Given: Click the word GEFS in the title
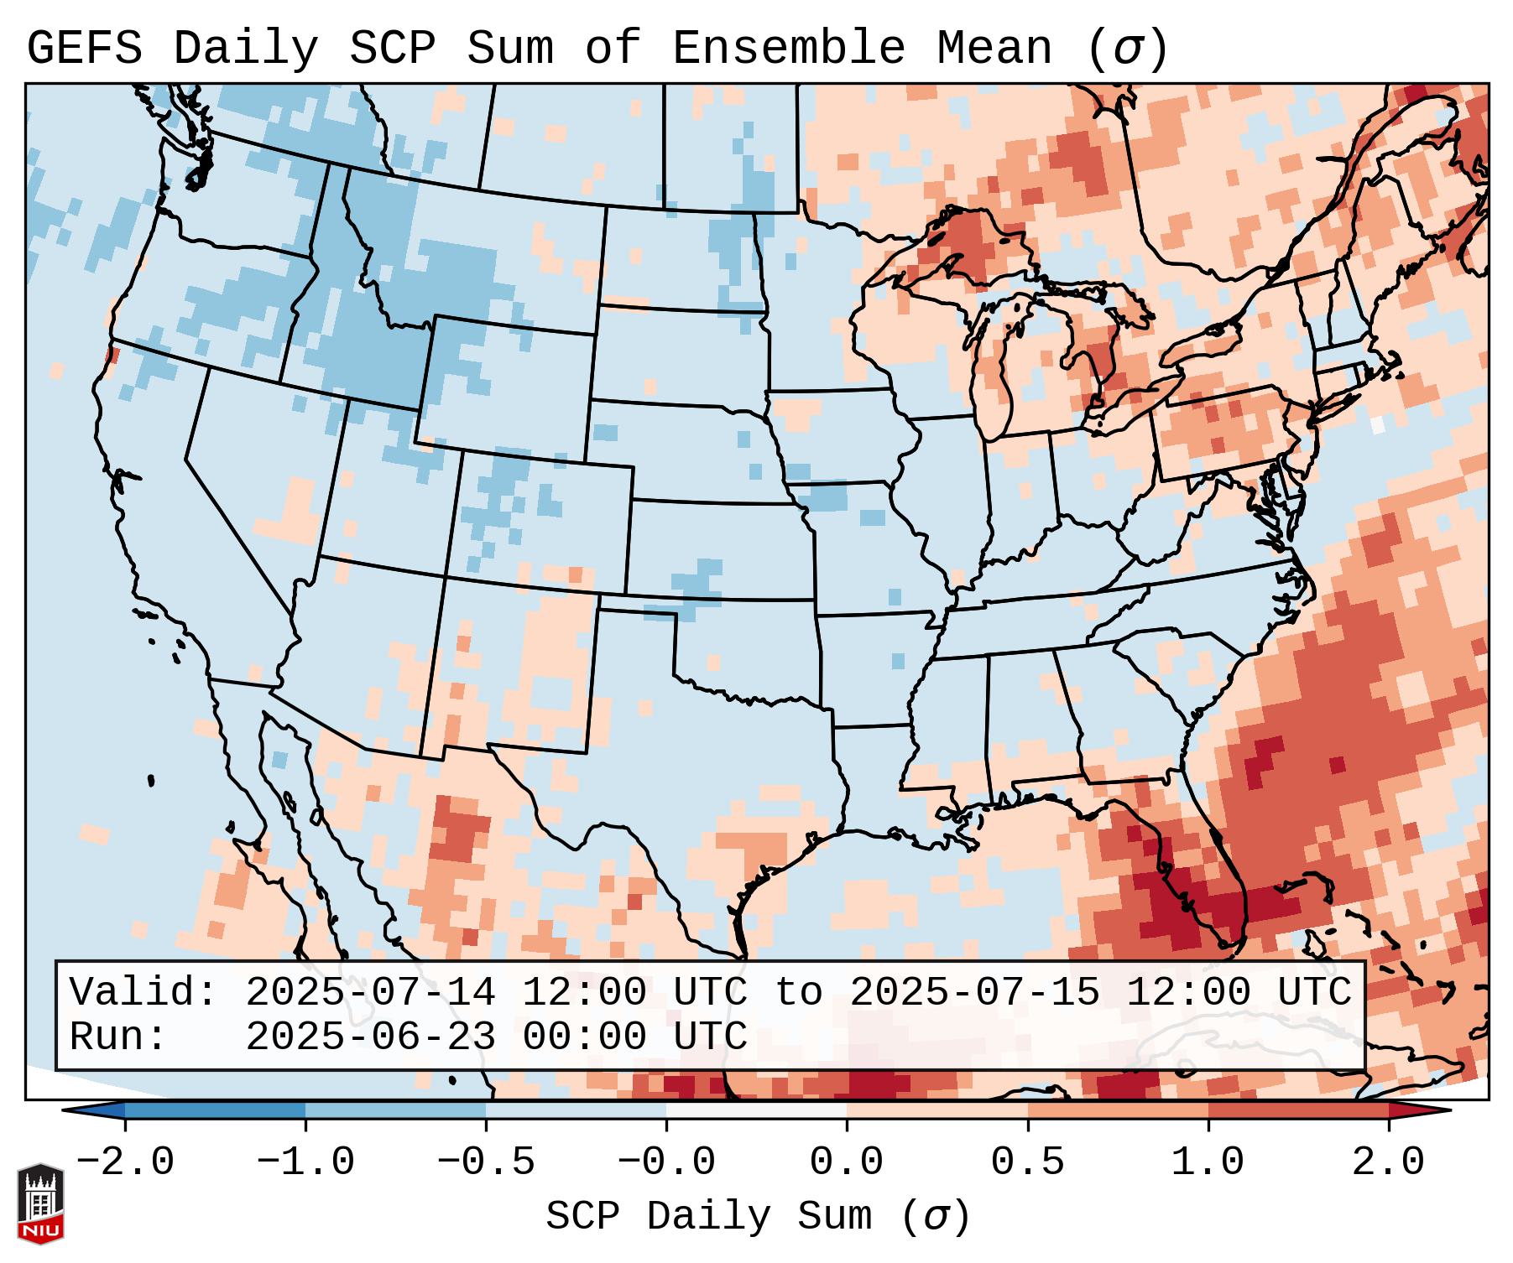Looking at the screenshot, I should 85,49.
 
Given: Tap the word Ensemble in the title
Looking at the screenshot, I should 788,49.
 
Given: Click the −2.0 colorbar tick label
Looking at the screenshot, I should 124,1162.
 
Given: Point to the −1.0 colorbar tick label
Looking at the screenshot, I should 305,1162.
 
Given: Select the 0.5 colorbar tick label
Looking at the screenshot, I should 1027,1162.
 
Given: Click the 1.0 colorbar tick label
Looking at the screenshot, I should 1208,1162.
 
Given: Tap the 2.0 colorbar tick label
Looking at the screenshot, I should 1388,1162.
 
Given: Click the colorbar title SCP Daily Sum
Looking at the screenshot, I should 709,1217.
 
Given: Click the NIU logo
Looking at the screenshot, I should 40,1203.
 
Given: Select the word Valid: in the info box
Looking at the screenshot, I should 143,993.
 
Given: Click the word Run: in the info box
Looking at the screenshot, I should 118,1037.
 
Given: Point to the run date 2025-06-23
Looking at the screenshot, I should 370,1037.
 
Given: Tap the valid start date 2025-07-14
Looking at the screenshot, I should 370,993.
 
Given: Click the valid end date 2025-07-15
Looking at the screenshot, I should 974,993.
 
